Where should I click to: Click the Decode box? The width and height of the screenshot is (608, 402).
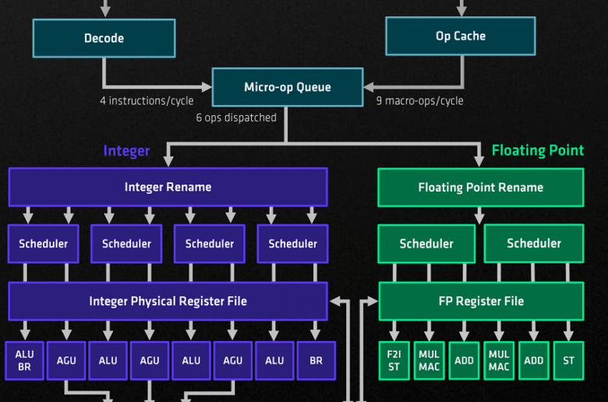104,38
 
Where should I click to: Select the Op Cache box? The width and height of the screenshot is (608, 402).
461,36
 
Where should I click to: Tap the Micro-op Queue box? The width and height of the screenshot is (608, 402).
288,87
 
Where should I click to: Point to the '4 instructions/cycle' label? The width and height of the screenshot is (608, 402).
147,100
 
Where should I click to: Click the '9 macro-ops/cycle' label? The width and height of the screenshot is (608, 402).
419,100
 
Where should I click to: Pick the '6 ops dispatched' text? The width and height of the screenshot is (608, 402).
236,118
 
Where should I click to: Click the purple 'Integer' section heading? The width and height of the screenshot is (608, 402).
126,151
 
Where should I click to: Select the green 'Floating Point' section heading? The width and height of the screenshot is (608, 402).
538,150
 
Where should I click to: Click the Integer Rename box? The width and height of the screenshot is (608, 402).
168,187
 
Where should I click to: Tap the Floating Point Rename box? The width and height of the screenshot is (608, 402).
481,187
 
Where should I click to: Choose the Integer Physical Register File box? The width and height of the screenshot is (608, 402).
168,301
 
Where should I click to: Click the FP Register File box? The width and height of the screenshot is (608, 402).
481,301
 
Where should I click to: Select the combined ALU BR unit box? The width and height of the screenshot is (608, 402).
24,361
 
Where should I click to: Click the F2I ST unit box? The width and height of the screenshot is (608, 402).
394,361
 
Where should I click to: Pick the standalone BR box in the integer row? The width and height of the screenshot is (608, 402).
316,361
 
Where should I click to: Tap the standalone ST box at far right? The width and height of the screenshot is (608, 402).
569,361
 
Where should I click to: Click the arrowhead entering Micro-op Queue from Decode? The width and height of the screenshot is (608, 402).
207,86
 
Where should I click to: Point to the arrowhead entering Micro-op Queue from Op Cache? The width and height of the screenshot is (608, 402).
369,86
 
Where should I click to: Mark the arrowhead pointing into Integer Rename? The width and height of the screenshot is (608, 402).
168,161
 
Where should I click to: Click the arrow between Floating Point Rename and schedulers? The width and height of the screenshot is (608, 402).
479,216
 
